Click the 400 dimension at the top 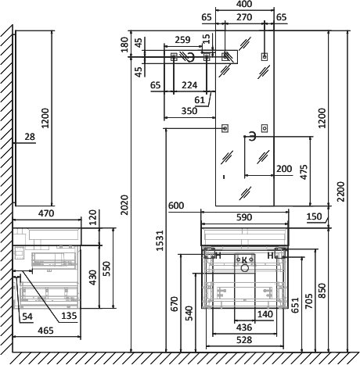(x=245, y=4)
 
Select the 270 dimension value (x=244, y=17)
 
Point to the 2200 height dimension (x=340, y=191)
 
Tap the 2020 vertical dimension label (x=124, y=205)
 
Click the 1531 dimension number (x=160, y=241)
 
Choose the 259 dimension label (x=182, y=40)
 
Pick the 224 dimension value (x=189, y=85)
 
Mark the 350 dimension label (x=189, y=111)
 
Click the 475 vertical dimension (x=304, y=172)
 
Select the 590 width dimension (x=244, y=217)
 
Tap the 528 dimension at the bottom (x=244, y=340)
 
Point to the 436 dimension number (x=244, y=327)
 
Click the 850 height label (x=322, y=291)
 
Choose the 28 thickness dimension (x=30, y=137)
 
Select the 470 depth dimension (x=46, y=213)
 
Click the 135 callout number (x=69, y=316)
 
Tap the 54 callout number (x=27, y=317)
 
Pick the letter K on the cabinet (x=244, y=259)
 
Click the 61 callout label (x=200, y=100)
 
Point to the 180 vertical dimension (x=124, y=45)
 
